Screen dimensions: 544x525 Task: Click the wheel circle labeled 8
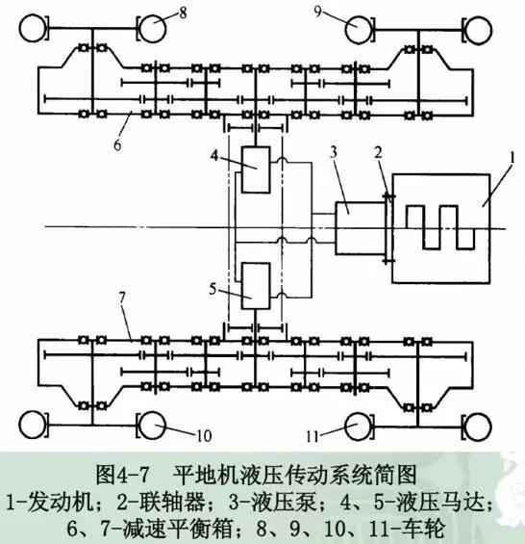155,26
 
